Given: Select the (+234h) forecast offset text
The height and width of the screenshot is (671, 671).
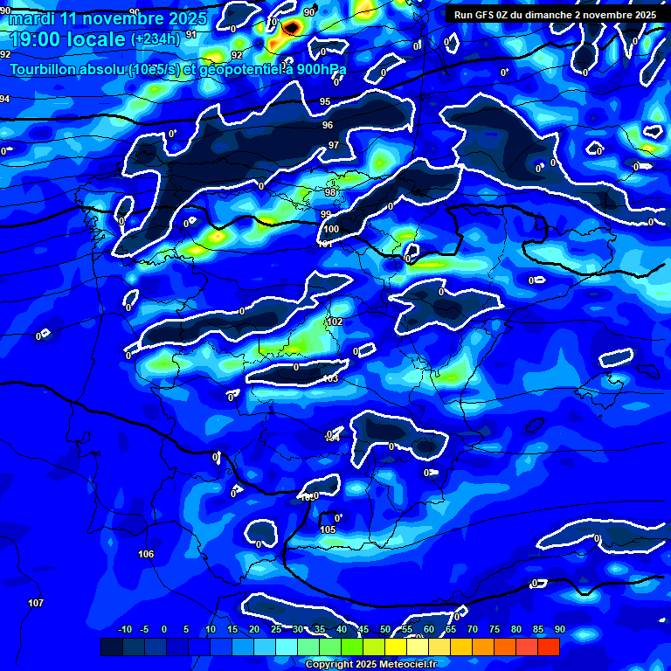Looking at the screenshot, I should pyautogui.click(x=156, y=39).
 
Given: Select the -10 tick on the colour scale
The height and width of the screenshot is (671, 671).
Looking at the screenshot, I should pyautogui.click(x=124, y=629).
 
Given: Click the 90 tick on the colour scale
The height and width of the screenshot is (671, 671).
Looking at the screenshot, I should pyautogui.click(x=559, y=629).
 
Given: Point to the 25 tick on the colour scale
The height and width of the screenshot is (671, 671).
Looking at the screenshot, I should pyautogui.click(x=276, y=629).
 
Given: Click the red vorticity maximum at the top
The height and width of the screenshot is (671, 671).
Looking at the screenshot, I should pyautogui.click(x=291, y=27).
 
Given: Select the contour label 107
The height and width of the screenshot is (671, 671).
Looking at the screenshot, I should pyautogui.click(x=36, y=604).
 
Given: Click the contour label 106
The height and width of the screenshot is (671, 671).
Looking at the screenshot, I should pyautogui.click(x=146, y=555).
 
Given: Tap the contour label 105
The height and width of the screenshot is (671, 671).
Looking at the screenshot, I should pyautogui.click(x=328, y=530).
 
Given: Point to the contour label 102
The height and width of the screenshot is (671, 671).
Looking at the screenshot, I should pyautogui.click(x=335, y=322).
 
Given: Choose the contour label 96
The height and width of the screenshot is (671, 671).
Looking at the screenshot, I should pyautogui.click(x=328, y=126).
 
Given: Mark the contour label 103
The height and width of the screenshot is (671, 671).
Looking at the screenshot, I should pyautogui.click(x=330, y=379).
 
